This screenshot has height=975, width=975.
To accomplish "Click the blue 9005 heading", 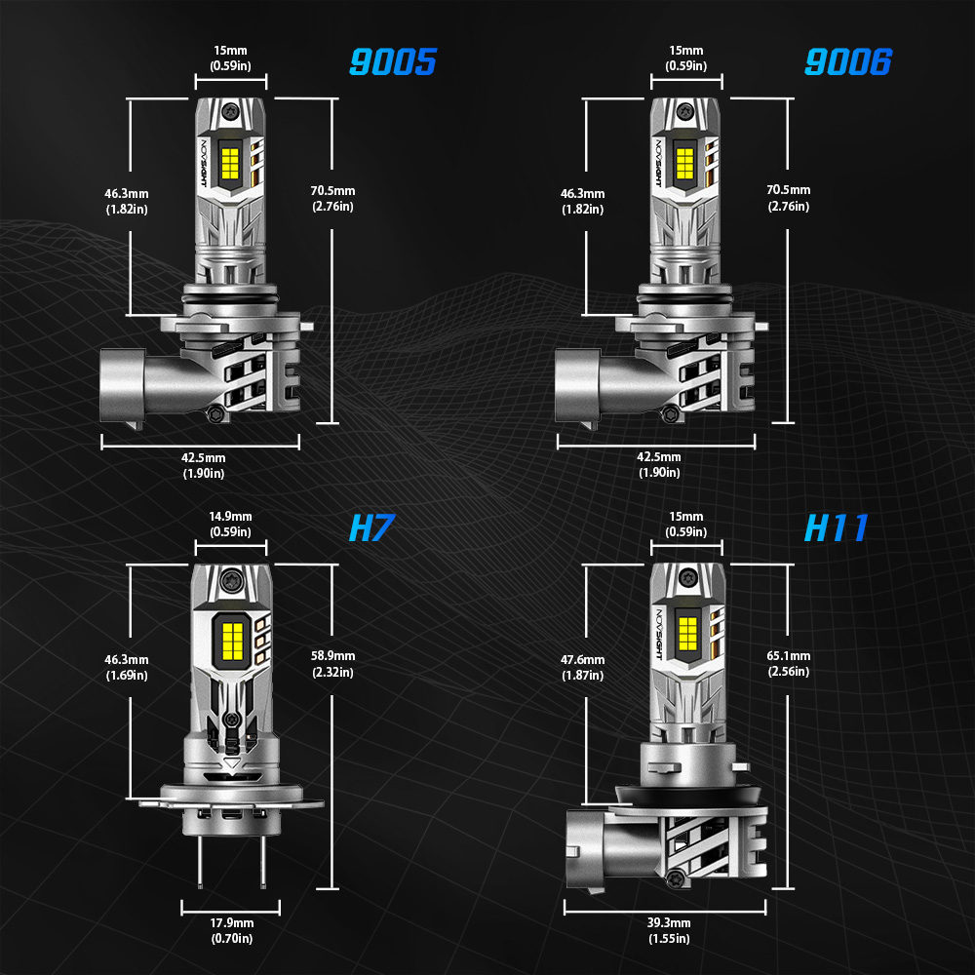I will tap(393, 62).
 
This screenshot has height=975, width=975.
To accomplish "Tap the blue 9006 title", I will tap(847, 62).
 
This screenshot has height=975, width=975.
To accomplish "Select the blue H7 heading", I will tap(370, 528).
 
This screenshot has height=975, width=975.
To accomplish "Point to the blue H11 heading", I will tap(836, 528).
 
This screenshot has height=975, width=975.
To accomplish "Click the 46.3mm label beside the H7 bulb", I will tap(127, 668).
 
